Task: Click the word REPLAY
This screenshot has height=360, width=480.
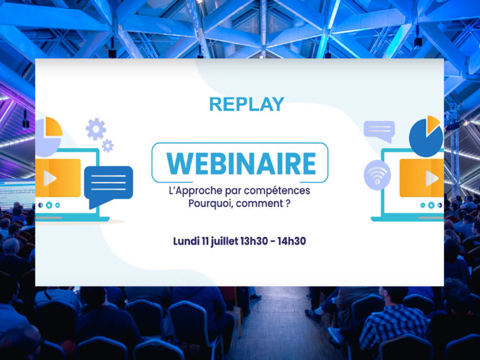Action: pos(247,104)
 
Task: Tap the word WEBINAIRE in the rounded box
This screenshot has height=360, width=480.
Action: pos(241,163)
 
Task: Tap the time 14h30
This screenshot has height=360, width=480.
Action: pos(292,241)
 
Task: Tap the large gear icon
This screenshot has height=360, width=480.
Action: pos(96,129)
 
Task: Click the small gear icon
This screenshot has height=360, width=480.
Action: pos(108,146)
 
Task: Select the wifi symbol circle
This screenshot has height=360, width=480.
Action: pos(377,175)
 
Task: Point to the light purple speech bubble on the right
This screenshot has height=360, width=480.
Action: pos(380,131)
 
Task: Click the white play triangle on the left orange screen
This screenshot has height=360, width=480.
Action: pos(49,178)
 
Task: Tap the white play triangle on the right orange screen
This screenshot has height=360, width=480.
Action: pos(431,178)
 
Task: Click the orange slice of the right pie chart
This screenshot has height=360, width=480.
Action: pos(433,124)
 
